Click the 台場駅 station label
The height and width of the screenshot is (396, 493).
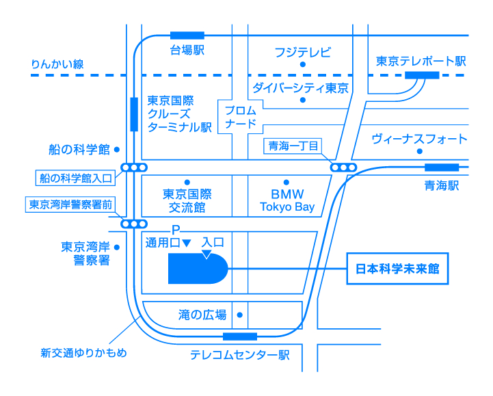(187, 50)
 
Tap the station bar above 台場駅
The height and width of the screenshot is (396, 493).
(187, 36)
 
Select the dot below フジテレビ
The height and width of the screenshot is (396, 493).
(303, 64)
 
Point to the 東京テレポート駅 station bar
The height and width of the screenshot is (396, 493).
(422, 75)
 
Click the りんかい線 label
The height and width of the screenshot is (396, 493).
(57, 64)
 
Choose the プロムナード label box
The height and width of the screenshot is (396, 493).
(241, 117)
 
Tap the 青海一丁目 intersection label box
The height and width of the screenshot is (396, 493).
(293, 146)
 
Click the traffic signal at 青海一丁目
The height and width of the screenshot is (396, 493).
(343, 168)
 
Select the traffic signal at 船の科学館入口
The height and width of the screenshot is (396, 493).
(134, 168)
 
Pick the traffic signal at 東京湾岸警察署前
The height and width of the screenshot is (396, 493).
(134, 224)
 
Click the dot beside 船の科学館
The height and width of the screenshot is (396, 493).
(117, 150)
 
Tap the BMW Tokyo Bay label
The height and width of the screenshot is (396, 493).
(287, 200)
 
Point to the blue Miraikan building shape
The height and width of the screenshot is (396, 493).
(198, 269)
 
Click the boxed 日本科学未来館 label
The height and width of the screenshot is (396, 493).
(397, 269)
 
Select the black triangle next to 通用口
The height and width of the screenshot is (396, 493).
(187, 243)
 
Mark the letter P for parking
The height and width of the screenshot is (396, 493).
(176, 230)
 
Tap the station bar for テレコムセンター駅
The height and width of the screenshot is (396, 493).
(240, 336)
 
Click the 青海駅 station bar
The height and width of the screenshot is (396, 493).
(442, 168)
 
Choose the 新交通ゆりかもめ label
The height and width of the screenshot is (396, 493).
(83, 353)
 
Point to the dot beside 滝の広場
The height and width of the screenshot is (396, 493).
(239, 315)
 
